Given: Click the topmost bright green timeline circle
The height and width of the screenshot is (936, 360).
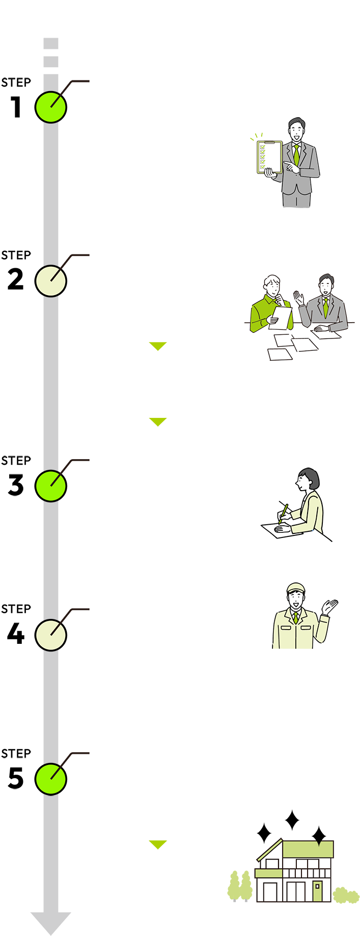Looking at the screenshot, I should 50,107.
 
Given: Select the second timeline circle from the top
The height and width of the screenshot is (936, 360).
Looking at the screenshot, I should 50,281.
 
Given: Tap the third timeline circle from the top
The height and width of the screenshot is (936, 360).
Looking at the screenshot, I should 50,486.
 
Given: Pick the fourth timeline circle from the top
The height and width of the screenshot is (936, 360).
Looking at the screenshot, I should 50,635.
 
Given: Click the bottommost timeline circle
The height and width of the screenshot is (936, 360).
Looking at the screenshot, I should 50,779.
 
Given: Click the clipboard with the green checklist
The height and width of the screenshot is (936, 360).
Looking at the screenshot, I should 269,157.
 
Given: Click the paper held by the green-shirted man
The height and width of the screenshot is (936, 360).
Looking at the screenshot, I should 281,316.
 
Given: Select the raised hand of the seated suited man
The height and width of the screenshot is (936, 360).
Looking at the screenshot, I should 299,298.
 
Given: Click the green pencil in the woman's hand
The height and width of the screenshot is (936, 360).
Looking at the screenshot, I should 283,513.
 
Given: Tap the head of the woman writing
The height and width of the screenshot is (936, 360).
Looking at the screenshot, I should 309,480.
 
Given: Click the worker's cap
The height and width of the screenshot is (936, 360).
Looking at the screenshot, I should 296,588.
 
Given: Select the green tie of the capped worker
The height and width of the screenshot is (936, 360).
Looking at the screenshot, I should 296,617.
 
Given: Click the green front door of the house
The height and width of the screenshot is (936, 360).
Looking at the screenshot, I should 317,890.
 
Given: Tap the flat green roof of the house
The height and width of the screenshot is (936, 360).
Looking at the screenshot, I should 308,848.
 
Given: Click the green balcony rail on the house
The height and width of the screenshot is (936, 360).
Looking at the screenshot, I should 268,873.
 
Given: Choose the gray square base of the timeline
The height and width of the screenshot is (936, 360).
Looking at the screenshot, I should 50,923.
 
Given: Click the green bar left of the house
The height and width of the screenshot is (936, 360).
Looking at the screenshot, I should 158,845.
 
